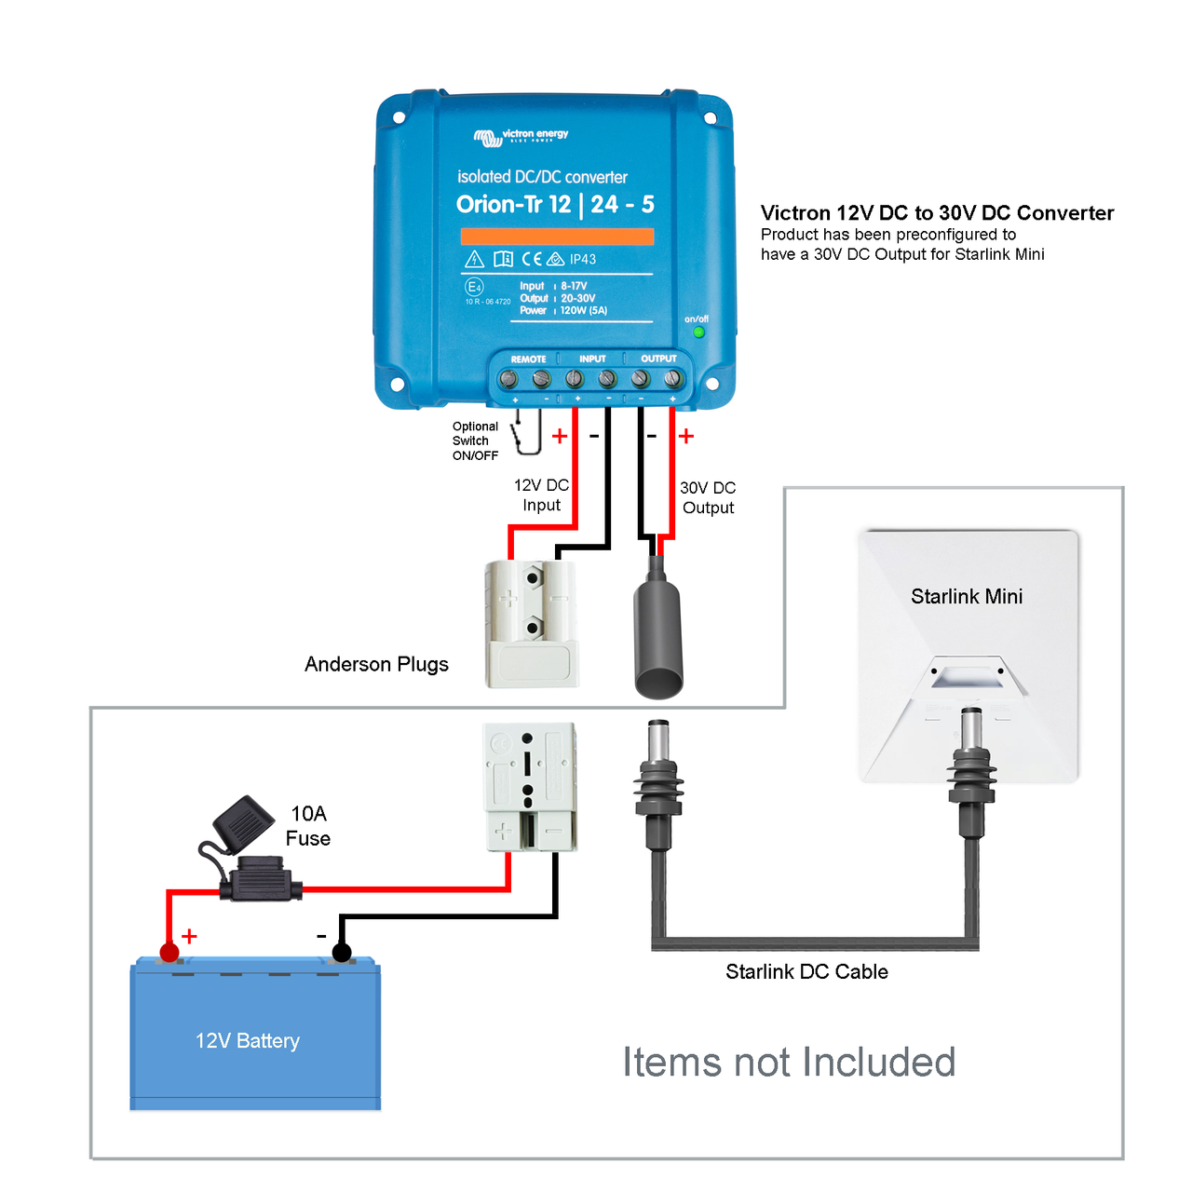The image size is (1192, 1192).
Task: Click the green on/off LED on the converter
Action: pyautogui.click(x=698, y=332)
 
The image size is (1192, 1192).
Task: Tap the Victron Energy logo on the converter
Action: pyautogui.click(x=521, y=137)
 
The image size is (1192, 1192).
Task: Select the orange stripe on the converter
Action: pyautogui.click(x=557, y=237)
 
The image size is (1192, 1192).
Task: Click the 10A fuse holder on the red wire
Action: pyautogui.click(x=261, y=879)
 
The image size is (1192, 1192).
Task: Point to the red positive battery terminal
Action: pyautogui.click(x=169, y=952)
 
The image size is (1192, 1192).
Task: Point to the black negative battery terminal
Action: pyautogui.click(x=342, y=952)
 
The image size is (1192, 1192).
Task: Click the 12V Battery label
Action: pyautogui.click(x=248, y=1040)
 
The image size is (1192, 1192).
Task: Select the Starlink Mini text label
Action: pyautogui.click(x=967, y=596)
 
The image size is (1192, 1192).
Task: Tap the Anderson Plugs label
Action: pyautogui.click(x=376, y=664)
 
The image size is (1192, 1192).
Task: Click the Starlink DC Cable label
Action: pyautogui.click(x=806, y=971)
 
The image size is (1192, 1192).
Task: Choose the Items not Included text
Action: pyautogui.click(x=789, y=1062)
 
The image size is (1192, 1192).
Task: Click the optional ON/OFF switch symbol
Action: pyautogui.click(x=527, y=432)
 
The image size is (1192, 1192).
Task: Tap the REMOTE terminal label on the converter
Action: pyautogui.click(x=528, y=359)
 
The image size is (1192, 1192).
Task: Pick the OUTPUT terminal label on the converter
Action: pyautogui.click(x=658, y=359)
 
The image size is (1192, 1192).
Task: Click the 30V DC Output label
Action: pyautogui.click(x=708, y=497)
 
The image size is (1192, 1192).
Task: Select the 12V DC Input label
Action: pyautogui.click(x=541, y=495)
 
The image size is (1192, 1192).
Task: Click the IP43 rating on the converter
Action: pyautogui.click(x=583, y=259)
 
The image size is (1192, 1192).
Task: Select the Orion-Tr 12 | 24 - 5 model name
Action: pyautogui.click(x=555, y=204)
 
